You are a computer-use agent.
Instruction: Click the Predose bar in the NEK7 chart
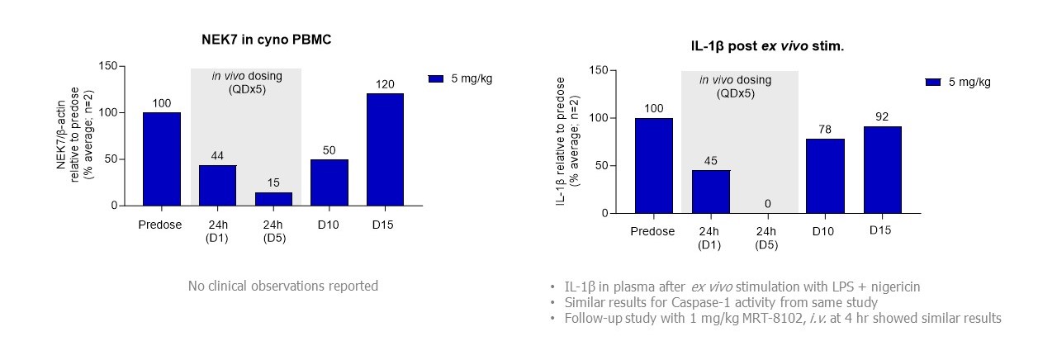tap(162, 159)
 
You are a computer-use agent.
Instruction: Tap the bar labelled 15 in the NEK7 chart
tap(273, 199)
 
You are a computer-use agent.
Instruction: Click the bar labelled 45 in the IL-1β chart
tap(710, 192)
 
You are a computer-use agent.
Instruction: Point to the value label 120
tap(385, 84)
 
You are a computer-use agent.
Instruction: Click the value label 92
tap(882, 116)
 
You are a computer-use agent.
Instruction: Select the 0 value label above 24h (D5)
tap(766, 204)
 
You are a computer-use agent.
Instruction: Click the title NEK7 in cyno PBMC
tap(267, 40)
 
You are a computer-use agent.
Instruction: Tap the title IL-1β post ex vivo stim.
tap(767, 46)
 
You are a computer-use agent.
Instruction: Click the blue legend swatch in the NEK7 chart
tap(436, 78)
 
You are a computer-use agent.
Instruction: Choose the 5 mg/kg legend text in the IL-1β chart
tap(969, 82)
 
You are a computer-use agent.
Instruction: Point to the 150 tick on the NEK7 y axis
tap(107, 66)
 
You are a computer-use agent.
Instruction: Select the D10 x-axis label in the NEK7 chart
tap(329, 225)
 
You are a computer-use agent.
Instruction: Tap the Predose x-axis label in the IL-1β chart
tap(652, 231)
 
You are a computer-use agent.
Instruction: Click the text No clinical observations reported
tap(282, 286)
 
